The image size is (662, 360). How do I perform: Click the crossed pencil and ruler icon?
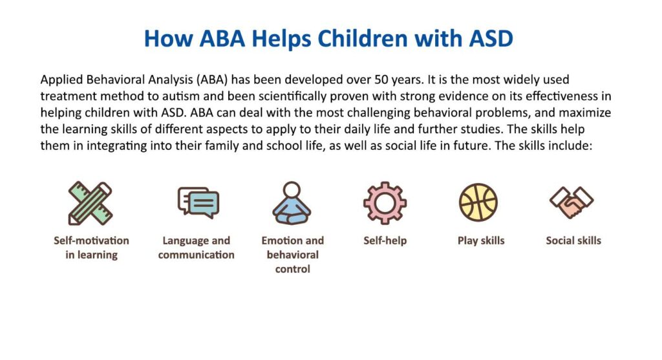[x=91, y=203]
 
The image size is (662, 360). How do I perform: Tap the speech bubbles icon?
[x=198, y=202]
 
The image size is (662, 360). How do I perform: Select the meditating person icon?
[x=292, y=203]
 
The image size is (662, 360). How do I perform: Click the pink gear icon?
[x=385, y=203]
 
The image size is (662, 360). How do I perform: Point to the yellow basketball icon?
[x=478, y=202]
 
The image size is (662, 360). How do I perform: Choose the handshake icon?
[x=571, y=202]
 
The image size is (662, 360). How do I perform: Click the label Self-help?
[x=385, y=240]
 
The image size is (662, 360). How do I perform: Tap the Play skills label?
[x=481, y=240]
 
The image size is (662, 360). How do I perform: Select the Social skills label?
[x=573, y=240]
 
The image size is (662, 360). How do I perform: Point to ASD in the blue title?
[x=491, y=38]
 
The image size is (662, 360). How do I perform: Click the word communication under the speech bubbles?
[x=197, y=255]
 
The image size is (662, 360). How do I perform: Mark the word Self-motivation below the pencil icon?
[x=91, y=240]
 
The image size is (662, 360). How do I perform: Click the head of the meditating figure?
[x=292, y=189]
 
